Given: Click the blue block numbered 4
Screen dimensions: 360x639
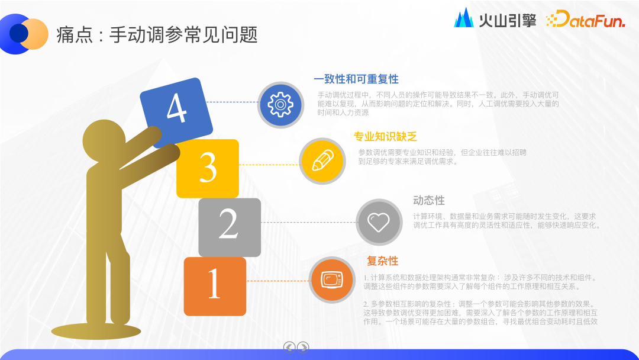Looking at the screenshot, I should point(176,111).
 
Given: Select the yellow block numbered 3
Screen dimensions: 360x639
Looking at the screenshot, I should point(208,168).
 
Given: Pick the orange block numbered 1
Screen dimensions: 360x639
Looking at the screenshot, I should point(214,285).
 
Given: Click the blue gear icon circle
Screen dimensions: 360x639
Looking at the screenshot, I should point(280,105).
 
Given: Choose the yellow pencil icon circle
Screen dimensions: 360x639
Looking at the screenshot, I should point(322,160).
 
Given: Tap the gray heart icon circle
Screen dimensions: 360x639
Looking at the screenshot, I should point(379,222).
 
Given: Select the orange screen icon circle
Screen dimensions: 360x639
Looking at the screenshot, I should point(331,280).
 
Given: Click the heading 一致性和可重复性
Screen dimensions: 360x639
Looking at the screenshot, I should point(356,79).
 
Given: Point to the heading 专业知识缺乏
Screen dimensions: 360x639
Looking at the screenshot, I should point(385,137).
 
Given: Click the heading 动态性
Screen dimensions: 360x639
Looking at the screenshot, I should point(429,201).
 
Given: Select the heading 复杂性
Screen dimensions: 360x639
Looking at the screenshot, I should point(382,261).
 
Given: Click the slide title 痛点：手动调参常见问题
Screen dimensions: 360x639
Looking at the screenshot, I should point(157,35).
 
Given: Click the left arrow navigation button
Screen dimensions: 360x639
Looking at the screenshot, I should point(289,347).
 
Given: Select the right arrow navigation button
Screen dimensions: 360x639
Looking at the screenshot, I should point(303,347).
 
